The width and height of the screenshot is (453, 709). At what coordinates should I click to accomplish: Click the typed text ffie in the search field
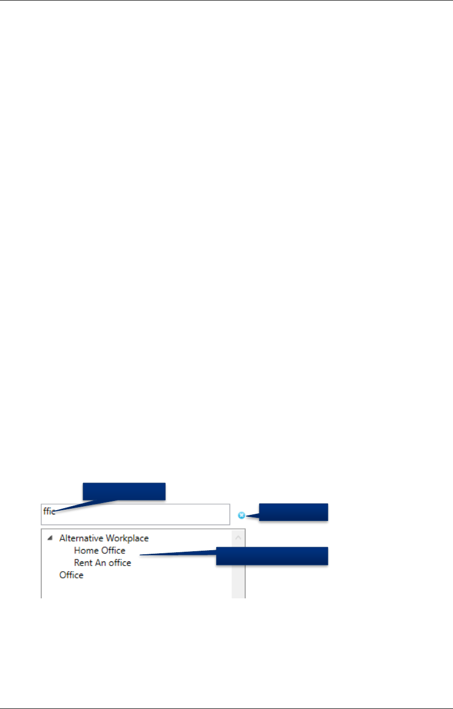[x=49, y=511]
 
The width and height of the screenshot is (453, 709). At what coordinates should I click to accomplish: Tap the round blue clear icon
[x=241, y=515]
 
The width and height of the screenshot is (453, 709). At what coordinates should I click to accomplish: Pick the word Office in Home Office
[x=113, y=551]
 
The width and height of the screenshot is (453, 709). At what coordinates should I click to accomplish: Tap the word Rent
[x=83, y=563]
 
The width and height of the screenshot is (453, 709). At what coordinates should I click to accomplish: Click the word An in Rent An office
[x=100, y=563]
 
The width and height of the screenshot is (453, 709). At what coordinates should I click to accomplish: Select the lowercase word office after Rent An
[x=119, y=563]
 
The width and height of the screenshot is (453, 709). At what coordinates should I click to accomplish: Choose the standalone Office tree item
[x=71, y=575]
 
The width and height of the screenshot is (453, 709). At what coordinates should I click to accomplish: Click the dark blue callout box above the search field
[x=124, y=491]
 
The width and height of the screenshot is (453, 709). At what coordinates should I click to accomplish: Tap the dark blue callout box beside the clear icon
[x=293, y=512]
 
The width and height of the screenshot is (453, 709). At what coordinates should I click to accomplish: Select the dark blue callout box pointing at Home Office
[x=272, y=556]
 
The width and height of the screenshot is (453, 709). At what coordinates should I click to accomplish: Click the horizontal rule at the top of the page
[x=226, y=1]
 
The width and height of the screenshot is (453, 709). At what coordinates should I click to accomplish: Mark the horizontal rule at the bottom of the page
[x=226, y=708]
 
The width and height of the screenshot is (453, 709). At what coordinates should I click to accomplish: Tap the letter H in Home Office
[x=77, y=551]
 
